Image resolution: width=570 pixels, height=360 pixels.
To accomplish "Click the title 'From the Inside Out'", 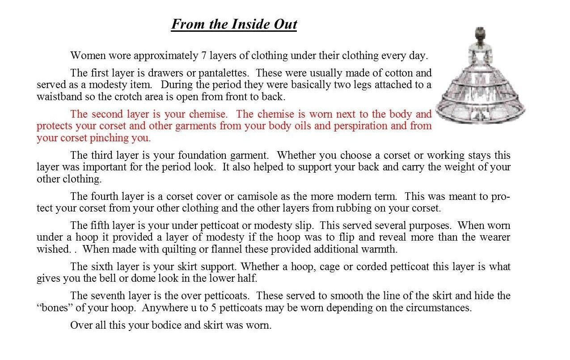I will pyautogui.click(x=234, y=24).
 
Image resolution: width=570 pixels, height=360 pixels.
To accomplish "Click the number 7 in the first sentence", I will pyautogui.click(x=201, y=56).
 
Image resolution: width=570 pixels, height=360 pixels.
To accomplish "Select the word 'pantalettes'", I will pyautogui.click(x=222, y=72).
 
